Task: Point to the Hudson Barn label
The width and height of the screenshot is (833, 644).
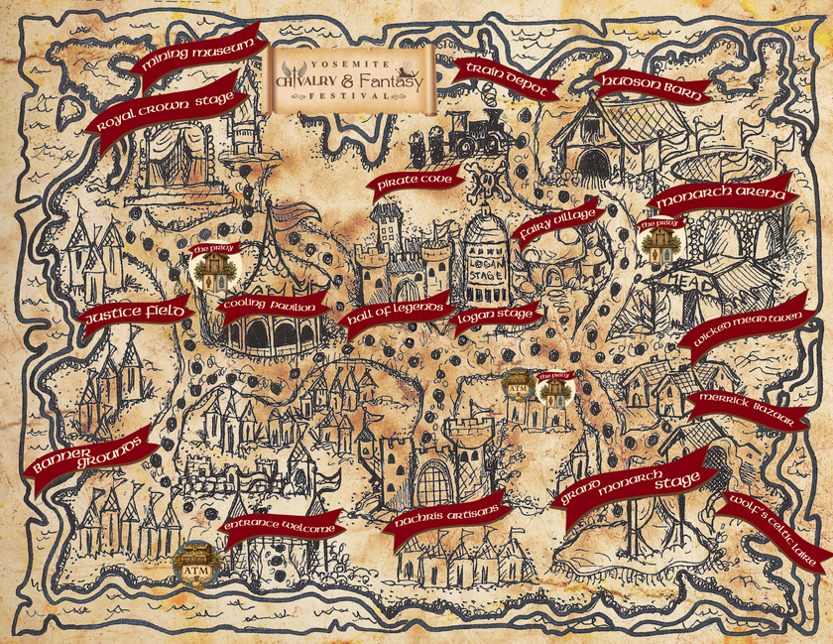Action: click(x=651, y=87)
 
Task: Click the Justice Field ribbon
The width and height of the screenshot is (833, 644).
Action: click(x=133, y=314)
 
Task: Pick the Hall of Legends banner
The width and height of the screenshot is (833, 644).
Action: click(x=393, y=317)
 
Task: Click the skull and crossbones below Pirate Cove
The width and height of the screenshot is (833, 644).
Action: click(x=488, y=185)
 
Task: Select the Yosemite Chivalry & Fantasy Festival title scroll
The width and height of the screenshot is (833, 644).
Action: click(x=351, y=73)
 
